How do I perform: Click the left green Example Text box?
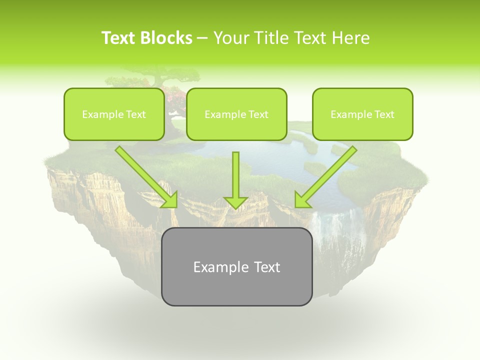[114, 114]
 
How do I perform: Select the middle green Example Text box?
[236, 114]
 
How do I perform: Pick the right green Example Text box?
[362, 114]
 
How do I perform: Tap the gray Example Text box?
[236, 266]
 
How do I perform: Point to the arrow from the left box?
[145, 176]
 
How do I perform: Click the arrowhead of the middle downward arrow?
[235, 202]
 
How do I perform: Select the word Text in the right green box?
[383, 114]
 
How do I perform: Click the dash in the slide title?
[202, 38]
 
